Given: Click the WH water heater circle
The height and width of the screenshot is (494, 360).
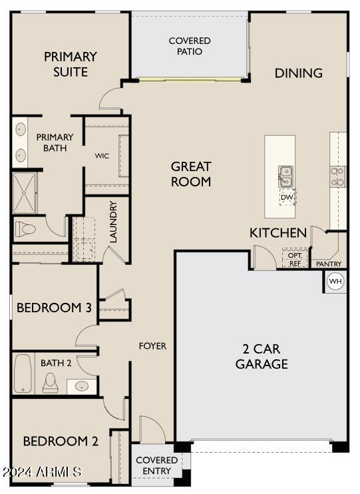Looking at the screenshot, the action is (x=335, y=281).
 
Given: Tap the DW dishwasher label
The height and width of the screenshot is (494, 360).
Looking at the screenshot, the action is (x=287, y=198).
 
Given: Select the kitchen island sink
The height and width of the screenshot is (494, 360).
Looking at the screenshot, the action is (x=285, y=176).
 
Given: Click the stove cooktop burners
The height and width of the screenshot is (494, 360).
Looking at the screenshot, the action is (x=337, y=176).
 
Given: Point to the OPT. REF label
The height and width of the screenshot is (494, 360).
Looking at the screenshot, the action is (x=295, y=259).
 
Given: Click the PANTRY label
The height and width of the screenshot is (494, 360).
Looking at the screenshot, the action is (x=329, y=264).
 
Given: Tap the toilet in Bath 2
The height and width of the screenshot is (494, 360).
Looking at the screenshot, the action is (x=51, y=382).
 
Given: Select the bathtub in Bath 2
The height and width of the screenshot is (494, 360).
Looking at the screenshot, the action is (x=23, y=373).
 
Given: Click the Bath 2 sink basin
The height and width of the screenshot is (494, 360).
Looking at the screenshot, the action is (x=82, y=386).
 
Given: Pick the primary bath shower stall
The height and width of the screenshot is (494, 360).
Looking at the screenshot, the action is (x=25, y=193).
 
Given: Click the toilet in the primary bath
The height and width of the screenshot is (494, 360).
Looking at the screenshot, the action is (x=25, y=229).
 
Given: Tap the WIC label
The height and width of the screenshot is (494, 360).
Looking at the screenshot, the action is (x=102, y=156).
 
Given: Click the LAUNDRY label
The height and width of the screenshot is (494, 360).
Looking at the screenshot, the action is (x=112, y=222).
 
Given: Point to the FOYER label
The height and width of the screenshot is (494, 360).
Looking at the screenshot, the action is (x=152, y=346).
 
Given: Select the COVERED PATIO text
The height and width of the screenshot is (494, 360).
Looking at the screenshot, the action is (x=190, y=46).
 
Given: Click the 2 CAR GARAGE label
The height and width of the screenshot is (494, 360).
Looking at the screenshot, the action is (x=262, y=356).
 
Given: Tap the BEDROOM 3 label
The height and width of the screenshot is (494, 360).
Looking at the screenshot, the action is (x=54, y=308).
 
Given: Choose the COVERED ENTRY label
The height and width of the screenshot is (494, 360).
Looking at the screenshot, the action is (x=156, y=465).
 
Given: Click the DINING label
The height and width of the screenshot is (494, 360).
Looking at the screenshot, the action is (x=299, y=73).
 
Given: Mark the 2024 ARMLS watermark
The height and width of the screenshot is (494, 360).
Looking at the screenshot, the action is (x=42, y=471).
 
